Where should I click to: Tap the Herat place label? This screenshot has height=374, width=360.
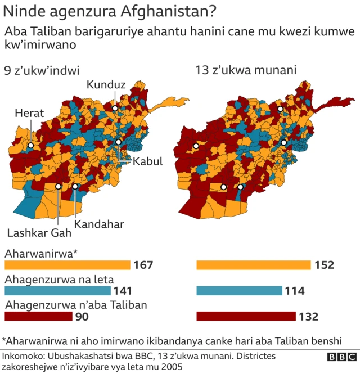coord(29,113)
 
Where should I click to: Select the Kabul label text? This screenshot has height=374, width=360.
coord(147,161)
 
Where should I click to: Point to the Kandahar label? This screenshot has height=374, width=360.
coord(99,224)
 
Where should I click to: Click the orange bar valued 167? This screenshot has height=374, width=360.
coord(67,265)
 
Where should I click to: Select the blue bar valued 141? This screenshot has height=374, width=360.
coord(57,291)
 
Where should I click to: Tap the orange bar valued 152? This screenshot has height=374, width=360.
coord(254,265)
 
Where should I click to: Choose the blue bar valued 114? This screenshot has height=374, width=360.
coord(239,291)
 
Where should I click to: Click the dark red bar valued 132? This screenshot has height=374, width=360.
coord(246,316)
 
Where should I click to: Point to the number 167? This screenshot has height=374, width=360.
coord(143,265)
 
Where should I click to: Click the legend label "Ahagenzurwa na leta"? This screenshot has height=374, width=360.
coord(59,279)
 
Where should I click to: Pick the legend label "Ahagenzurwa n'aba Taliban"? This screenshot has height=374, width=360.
coord(76,305)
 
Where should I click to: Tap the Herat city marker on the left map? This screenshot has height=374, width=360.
coord(31,146)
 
